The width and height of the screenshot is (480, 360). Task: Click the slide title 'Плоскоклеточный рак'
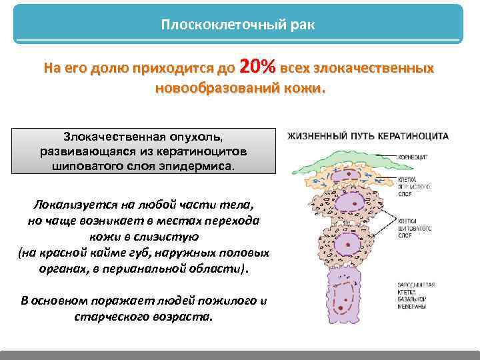(x=238, y=25)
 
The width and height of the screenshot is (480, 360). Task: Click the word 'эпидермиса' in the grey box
(x=199, y=166)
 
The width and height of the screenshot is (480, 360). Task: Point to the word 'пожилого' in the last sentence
(x=226, y=301)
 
